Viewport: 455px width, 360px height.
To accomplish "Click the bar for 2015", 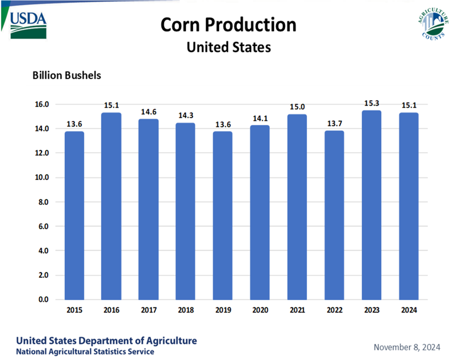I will (x=74, y=215).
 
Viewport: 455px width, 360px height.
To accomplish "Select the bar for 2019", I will (x=223, y=215).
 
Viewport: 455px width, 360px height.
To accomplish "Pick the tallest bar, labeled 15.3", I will (x=371, y=205).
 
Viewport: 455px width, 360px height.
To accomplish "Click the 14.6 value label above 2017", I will (x=148, y=112).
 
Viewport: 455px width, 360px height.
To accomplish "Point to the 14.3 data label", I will (x=186, y=116).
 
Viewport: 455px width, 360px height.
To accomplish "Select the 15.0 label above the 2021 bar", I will (x=297, y=107).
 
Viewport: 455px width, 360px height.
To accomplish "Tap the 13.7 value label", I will (x=334, y=124).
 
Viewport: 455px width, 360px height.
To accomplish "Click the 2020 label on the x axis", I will (x=260, y=310).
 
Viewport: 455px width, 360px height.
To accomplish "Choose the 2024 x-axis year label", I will (x=408, y=310).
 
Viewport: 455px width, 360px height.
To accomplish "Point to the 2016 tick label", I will (x=111, y=310).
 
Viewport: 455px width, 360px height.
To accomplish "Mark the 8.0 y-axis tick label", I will (x=43, y=202).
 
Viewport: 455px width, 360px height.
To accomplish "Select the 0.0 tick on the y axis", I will (x=43, y=299).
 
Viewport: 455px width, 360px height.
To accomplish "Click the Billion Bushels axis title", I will (x=67, y=75).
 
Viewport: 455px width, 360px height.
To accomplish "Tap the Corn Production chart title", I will (x=228, y=25).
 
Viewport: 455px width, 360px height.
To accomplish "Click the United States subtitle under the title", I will (x=228, y=47).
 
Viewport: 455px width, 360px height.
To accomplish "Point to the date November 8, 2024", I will (x=407, y=347).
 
